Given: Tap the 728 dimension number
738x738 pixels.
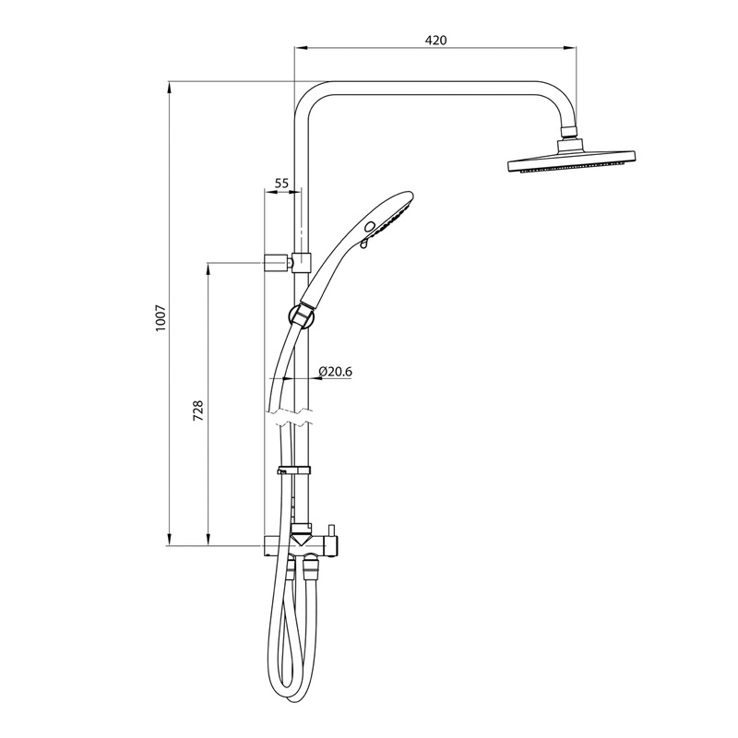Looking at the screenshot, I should (x=197, y=411).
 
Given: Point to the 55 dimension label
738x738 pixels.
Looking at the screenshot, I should (x=282, y=184).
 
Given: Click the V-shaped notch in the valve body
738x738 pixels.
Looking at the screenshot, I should (x=302, y=537).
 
